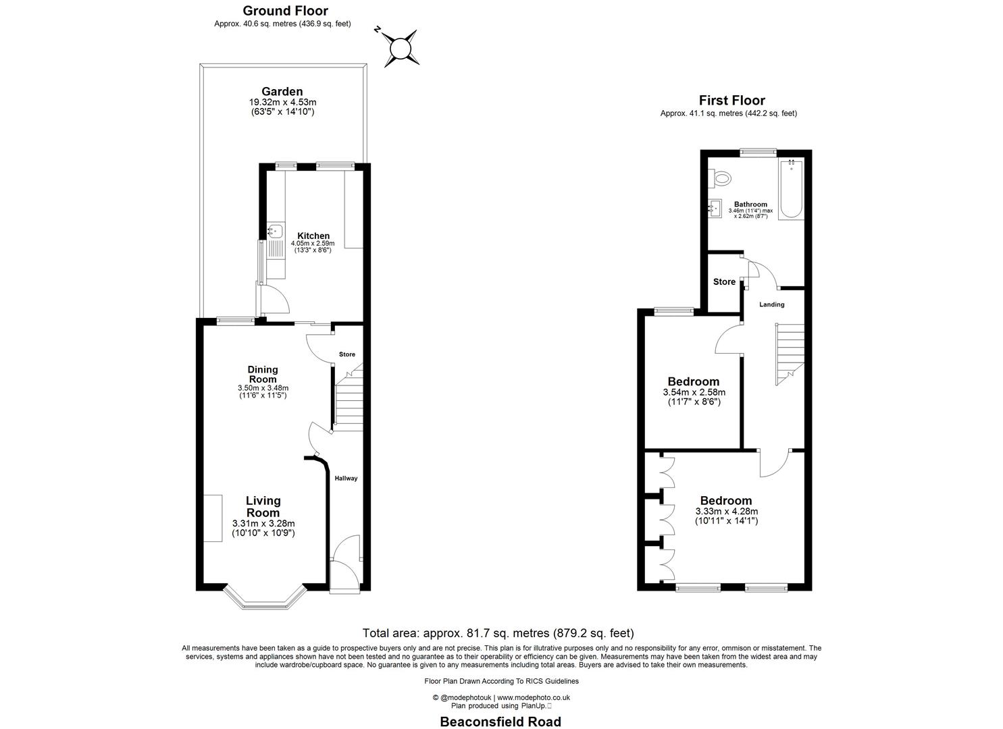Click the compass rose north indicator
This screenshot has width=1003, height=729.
(400, 48)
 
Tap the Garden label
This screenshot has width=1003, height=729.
(282, 92)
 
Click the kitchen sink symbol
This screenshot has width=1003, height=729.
(274, 232)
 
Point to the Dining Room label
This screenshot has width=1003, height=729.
(263, 374)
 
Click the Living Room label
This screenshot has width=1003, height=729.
(263, 506)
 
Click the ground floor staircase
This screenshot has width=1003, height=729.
(348, 402)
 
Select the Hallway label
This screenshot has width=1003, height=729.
(346, 478)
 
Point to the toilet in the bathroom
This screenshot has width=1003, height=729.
(721, 178)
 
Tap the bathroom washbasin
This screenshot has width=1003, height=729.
(714, 209)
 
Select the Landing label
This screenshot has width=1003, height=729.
(771, 304)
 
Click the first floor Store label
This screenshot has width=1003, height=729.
(724, 281)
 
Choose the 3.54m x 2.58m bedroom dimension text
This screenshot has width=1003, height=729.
(694, 392)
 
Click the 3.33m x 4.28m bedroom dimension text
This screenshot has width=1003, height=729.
(726, 511)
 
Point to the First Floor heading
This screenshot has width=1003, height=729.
(731, 101)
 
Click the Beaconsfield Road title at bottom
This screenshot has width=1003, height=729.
(500, 722)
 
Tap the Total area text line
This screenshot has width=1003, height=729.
(498, 633)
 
